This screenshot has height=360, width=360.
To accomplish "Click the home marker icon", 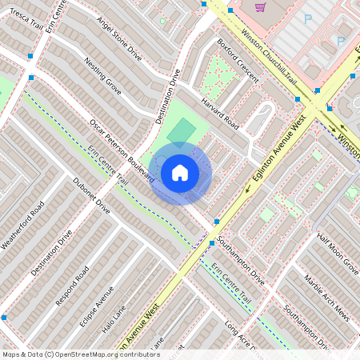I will pos(180,173).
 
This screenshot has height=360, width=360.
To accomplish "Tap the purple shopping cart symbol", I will pos(260,7).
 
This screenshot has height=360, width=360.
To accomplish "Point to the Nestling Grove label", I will pos(102,77).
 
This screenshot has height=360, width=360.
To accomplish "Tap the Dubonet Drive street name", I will pos(91,194).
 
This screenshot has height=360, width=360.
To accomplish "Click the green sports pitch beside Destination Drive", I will pos(183,130).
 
